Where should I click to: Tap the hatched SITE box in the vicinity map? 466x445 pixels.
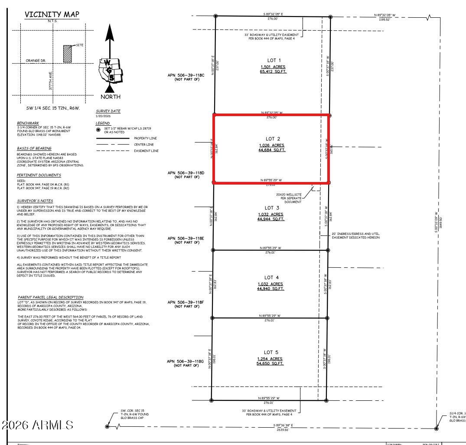(68, 54)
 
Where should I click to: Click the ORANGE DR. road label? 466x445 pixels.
(36, 61)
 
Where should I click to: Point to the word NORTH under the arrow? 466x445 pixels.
(110, 97)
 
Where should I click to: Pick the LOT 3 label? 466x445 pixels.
(271, 208)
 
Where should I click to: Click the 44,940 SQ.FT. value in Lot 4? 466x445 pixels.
(271, 289)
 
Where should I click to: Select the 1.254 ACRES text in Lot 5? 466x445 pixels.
(270, 359)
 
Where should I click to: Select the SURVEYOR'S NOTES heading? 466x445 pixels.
(35, 201)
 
